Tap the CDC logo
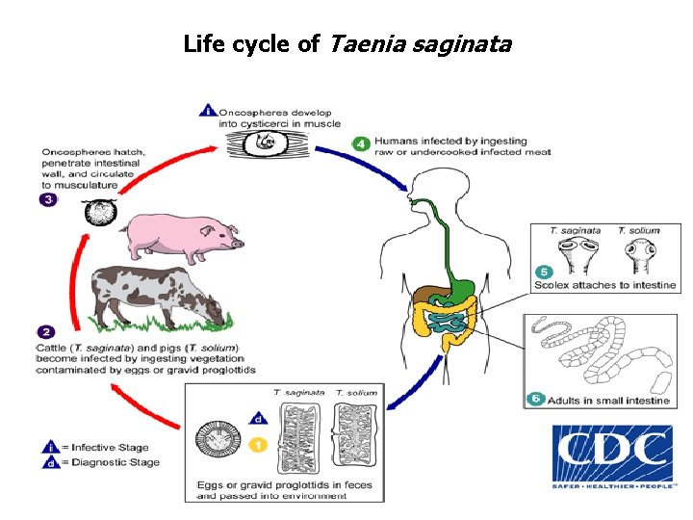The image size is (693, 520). (612, 457)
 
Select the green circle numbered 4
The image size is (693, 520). (361, 144)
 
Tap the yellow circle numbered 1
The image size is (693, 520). (258, 445)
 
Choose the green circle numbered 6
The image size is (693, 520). (535, 399)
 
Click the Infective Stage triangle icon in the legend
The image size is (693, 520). (48, 447)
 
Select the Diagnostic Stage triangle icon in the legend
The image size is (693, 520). (48, 462)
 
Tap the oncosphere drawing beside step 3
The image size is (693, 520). (98, 213)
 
